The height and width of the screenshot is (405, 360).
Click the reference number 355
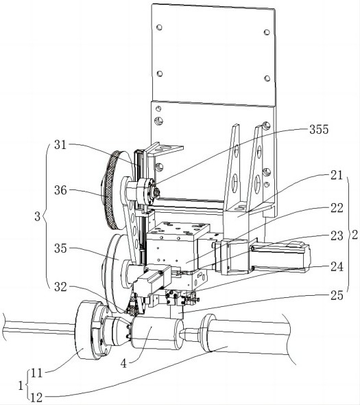point(319,130)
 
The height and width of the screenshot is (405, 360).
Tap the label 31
point(60,145)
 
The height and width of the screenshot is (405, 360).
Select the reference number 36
point(60,191)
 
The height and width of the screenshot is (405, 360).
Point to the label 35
point(60,248)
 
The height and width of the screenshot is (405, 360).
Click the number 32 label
point(60,287)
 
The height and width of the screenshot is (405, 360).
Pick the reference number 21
point(337,175)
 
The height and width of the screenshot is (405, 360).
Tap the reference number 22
point(337,208)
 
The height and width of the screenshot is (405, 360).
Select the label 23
point(337,236)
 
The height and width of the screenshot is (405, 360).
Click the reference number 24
point(337,267)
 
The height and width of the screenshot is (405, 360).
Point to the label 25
point(337,295)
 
